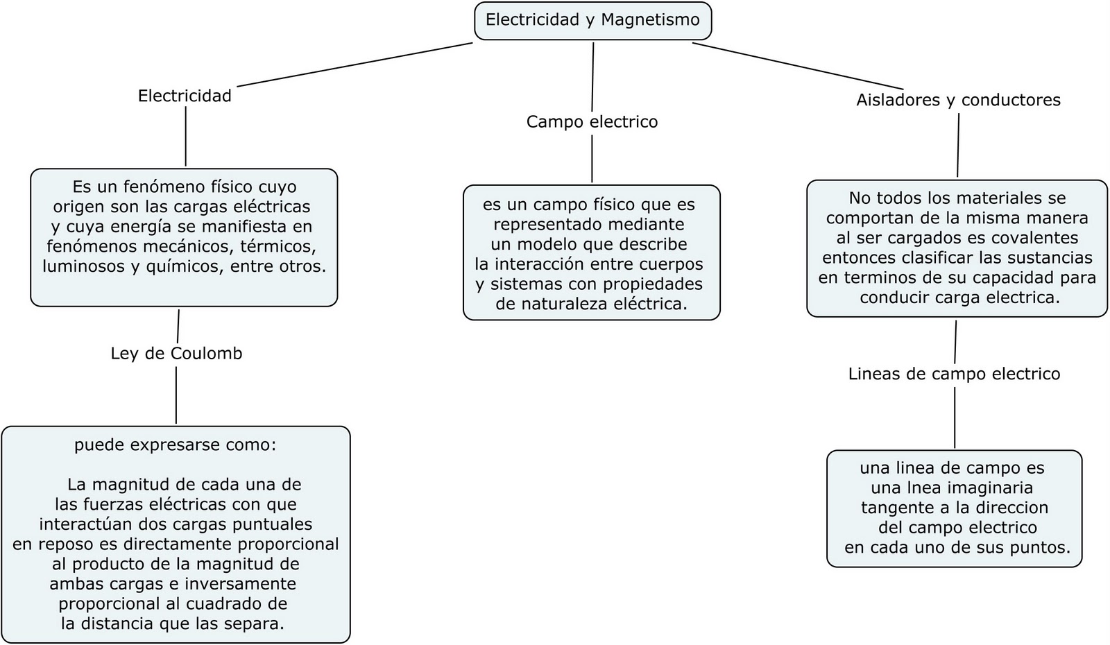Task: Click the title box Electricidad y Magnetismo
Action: pyautogui.click(x=592, y=20)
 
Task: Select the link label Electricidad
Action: pyautogui.click(x=185, y=96)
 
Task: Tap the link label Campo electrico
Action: pyautogui.click(x=592, y=122)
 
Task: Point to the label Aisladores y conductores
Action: pyautogui.click(x=958, y=101)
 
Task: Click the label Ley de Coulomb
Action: pyautogui.click(x=176, y=354)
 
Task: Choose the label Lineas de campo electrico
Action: pyautogui.click(x=954, y=375)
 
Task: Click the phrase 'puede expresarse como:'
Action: pyautogui.click(x=175, y=445)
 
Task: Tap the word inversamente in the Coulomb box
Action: pyautogui.click(x=240, y=584)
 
